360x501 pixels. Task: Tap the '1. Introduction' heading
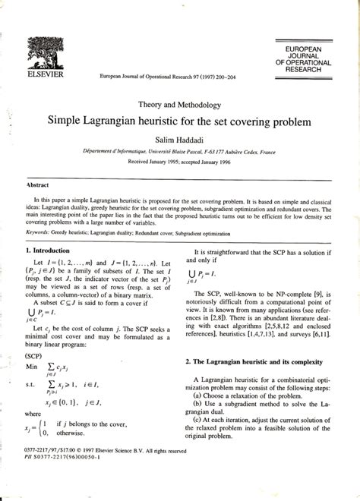coord(54,249)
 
